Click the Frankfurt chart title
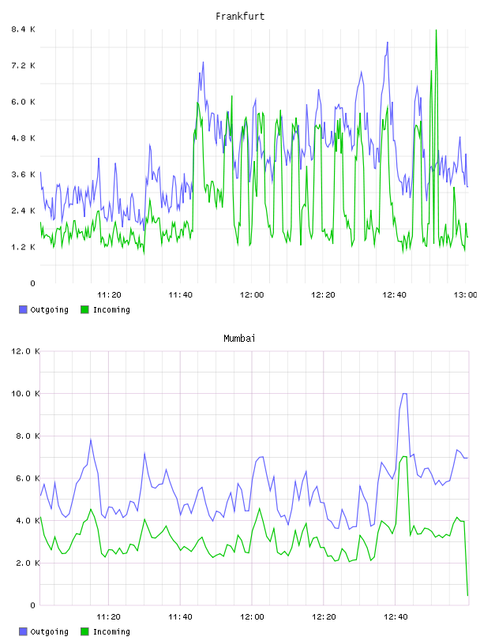(x=240, y=17)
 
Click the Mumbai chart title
(x=239, y=339)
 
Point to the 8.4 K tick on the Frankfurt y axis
(x=23, y=29)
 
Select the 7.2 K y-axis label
(x=23, y=66)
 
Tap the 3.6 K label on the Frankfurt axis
(x=23, y=174)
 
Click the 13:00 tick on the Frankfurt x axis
(x=465, y=294)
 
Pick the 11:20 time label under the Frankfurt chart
(x=109, y=294)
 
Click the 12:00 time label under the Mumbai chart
(x=252, y=616)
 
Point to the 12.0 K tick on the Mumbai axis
(x=25, y=351)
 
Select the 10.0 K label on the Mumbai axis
(x=25, y=394)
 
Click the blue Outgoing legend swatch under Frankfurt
(x=23, y=309)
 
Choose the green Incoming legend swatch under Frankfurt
(x=84, y=309)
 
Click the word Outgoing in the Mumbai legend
(x=49, y=631)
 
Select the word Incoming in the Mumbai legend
(x=111, y=631)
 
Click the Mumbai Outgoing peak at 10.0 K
(x=404, y=394)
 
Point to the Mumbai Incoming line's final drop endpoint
(x=467, y=595)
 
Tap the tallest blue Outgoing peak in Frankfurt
(x=387, y=42)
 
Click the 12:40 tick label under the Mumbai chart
(x=396, y=616)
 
